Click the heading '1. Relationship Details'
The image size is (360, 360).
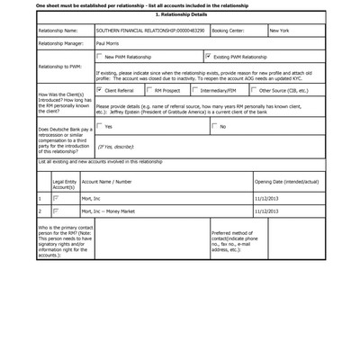coord(181,15)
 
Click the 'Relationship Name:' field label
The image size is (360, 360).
coord(58,30)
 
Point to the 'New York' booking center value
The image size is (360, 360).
coord(280,30)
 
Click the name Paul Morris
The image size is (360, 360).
coord(108,42)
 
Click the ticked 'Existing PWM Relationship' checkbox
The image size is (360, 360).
coord(208,56)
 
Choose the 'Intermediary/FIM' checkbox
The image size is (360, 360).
coord(196,90)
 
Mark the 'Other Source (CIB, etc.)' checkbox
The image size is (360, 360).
coord(253,90)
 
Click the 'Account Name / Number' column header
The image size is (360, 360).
coord(112,181)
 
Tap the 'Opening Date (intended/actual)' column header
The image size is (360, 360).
coord(287,181)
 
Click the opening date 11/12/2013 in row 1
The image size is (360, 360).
coord(268,196)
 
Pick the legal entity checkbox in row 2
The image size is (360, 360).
coord(56,211)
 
